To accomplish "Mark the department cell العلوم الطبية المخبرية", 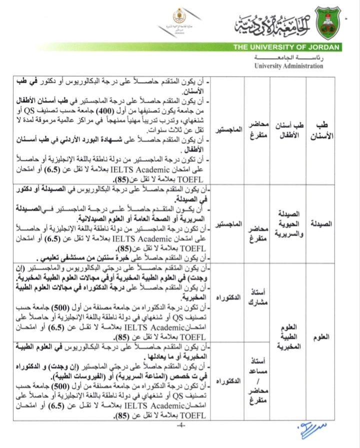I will coord(288,337).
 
